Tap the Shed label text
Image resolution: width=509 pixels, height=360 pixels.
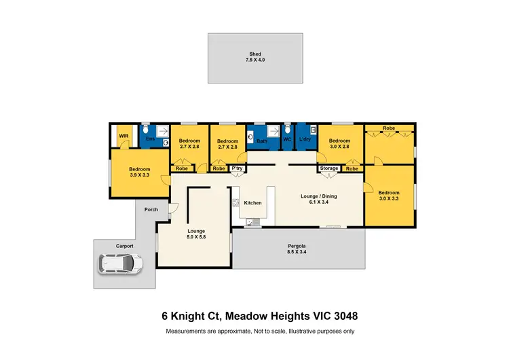[254, 54]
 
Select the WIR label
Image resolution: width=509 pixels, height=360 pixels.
[124, 136]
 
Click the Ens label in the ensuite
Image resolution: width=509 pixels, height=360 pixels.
[151, 139]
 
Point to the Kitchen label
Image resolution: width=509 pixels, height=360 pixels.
[252, 203]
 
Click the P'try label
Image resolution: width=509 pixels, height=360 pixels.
[237, 168]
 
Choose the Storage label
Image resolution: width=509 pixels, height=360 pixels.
[329, 168]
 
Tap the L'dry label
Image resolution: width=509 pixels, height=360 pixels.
[304, 139]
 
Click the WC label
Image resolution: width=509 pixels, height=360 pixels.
[287, 139]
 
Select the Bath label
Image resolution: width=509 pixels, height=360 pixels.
[262, 141]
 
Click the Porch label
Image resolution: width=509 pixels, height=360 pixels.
[151, 209]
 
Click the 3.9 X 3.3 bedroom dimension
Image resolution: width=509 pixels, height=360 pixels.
[140, 175]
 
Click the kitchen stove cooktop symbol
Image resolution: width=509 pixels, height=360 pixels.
[235, 202]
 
